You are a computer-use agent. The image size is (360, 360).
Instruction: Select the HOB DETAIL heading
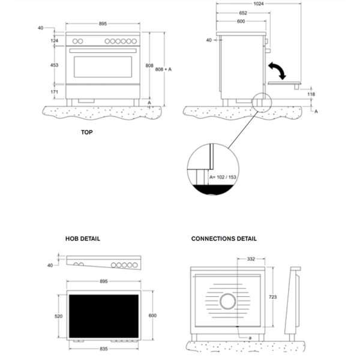click(x=83, y=239)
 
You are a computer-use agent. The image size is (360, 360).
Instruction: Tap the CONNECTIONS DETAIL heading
click(x=224, y=239)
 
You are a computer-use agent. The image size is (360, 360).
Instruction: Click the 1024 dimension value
click(x=258, y=4)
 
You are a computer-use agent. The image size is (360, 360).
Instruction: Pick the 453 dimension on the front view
click(x=55, y=65)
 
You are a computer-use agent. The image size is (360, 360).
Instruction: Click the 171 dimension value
click(x=55, y=92)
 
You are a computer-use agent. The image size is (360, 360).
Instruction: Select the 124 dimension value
click(x=55, y=40)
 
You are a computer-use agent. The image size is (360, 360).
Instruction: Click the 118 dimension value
click(x=311, y=94)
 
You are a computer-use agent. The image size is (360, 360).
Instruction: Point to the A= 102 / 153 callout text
click(x=223, y=177)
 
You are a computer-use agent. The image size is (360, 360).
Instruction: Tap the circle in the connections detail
click(x=227, y=301)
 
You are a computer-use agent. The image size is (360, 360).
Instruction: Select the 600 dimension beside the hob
click(x=152, y=316)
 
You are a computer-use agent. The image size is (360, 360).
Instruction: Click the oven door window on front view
click(x=103, y=67)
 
